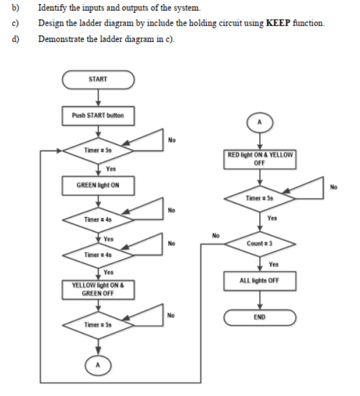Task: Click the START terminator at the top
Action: point(98,79)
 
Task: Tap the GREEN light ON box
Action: point(98,185)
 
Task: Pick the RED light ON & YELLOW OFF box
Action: point(260,159)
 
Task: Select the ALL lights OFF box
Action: point(260,280)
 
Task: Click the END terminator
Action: point(260,317)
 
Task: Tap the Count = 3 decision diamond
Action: point(260,243)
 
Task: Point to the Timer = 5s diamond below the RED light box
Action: point(260,198)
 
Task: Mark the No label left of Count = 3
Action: point(216,236)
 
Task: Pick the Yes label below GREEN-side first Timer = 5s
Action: point(110,169)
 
